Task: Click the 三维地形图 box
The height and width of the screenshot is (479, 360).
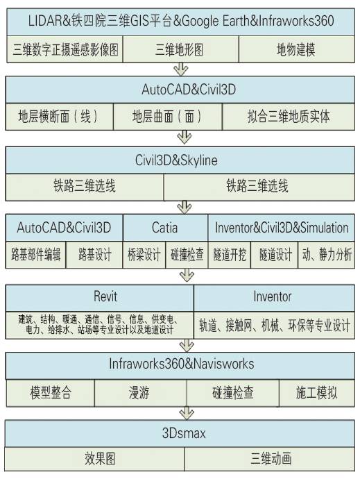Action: point(181,49)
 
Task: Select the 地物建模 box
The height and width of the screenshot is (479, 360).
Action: point(296,49)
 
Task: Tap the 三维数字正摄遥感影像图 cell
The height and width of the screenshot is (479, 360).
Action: point(65,49)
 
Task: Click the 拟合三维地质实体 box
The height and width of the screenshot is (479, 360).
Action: point(289,117)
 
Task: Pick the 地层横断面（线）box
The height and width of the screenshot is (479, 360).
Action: point(59,117)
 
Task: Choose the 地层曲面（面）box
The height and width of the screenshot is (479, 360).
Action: point(168,117)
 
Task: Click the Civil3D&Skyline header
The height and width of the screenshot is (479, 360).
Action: point(180,160)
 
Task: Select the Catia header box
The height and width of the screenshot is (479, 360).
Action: point(166,228)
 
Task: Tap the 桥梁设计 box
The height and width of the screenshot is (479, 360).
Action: point(144,255)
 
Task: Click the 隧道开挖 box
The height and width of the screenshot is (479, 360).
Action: point(230,255)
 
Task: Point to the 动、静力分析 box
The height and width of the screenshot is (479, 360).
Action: point(327,255)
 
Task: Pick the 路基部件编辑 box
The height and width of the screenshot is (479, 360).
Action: point(35,255)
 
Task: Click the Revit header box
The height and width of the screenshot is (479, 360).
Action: point(100,298)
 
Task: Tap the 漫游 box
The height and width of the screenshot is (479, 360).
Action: point(140,393)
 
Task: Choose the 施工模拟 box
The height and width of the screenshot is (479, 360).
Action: point(317,393)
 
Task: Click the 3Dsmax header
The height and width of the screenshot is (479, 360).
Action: point(180,433)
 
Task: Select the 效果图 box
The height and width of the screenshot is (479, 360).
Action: point(94,459)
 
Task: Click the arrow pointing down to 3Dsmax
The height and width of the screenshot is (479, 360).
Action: point(187,413)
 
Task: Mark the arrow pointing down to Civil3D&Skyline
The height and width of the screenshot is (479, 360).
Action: point(185,137)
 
